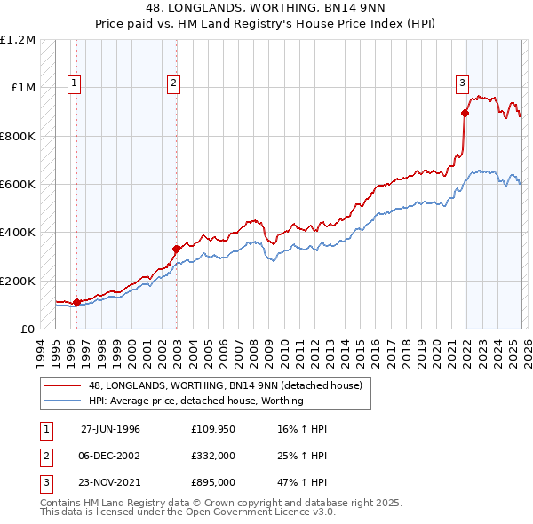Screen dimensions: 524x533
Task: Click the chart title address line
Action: (266, 7)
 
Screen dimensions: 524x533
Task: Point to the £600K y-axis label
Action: (18, 185)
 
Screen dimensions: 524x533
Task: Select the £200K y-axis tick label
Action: (18, 281)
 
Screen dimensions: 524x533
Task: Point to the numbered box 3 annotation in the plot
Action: (462, 83)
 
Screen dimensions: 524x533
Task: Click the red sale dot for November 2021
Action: (465, 113)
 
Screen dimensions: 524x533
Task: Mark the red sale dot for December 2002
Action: (176, 249)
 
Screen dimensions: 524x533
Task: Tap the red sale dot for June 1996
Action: (77, 302)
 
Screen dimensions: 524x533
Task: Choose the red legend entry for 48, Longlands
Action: (225, 386)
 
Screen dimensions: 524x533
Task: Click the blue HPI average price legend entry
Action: (195, 401)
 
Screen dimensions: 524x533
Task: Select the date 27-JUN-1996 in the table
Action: (110, 429)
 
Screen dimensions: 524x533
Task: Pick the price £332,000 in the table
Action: (212, 456)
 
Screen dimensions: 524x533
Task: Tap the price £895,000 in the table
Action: (212, 482)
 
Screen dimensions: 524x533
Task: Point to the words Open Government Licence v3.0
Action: (264, 512)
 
